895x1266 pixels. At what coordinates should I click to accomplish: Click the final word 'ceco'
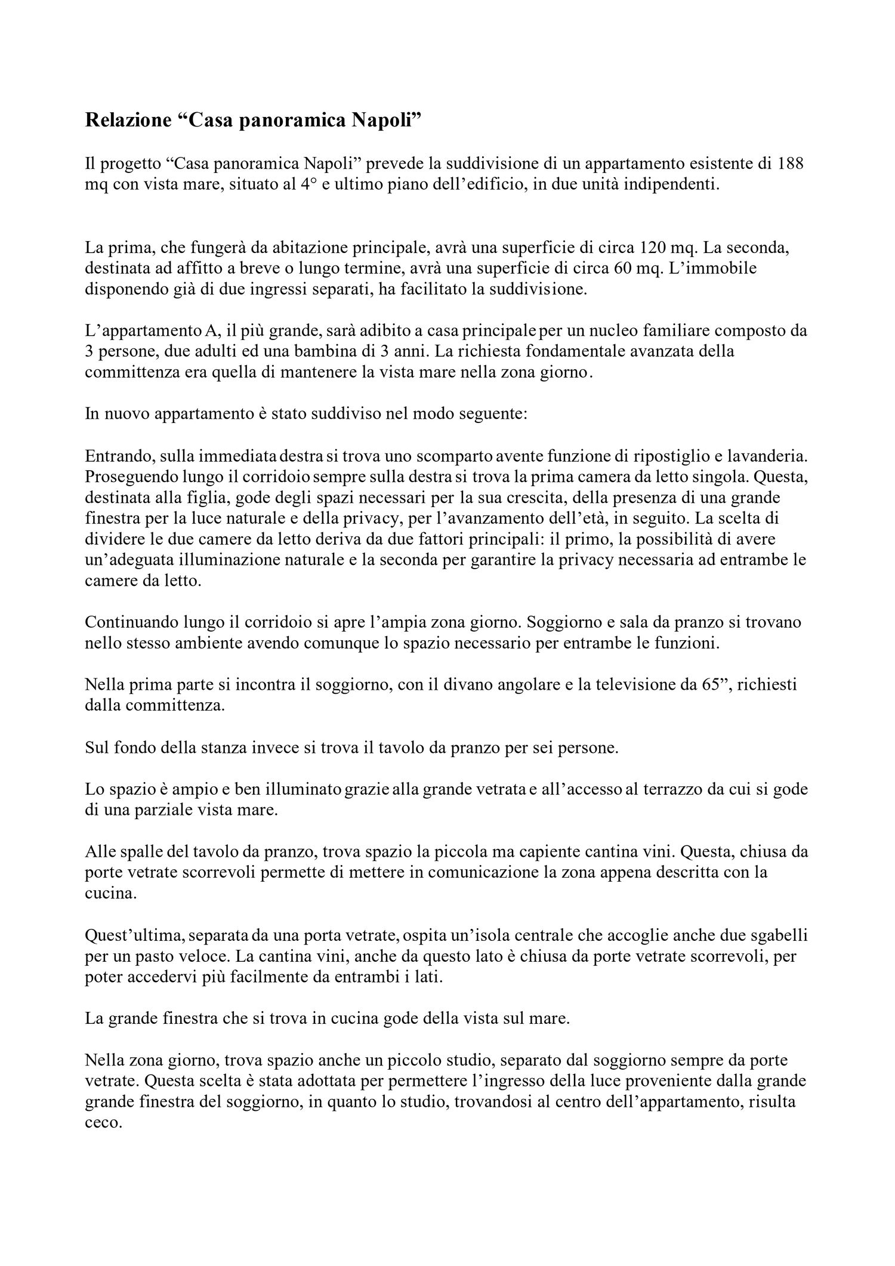pyautogui.click(x=103, y=1122)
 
